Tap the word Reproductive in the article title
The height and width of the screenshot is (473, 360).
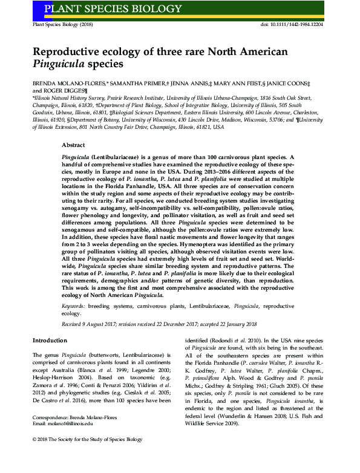click(69, 52)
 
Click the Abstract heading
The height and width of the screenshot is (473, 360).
click(74, 146)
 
